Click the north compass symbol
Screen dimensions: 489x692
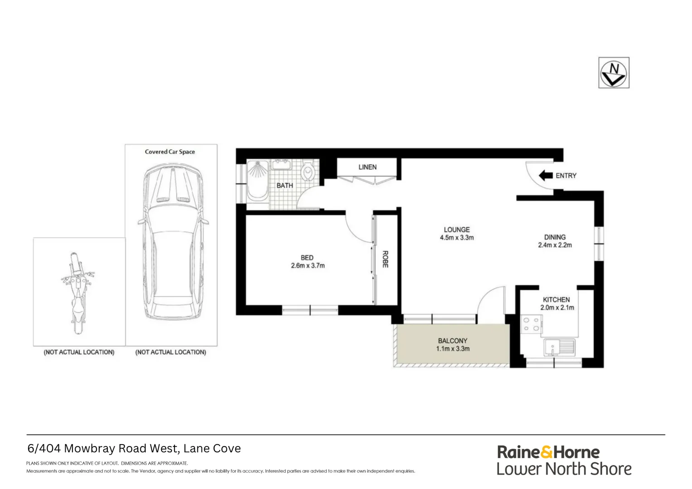[x=614, y=73]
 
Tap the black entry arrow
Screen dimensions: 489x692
[x=545, y=175]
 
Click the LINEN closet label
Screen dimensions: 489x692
[x=367, y=167]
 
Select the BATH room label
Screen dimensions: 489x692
[x=285, y=186]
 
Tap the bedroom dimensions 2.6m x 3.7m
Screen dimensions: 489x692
[x=308, y=266]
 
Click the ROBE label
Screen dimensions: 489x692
[x=385, y=259]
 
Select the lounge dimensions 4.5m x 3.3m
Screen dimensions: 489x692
[x=457, y=238]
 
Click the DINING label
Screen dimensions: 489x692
[x=555, y=237]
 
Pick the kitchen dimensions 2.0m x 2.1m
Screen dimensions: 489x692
[x=557, y=307]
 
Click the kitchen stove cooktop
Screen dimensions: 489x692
[x=531, y=324]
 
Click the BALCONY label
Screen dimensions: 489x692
[x=452, y=340]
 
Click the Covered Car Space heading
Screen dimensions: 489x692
[x=170, y=152]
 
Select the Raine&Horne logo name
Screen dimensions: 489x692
[x=548, y=452]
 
